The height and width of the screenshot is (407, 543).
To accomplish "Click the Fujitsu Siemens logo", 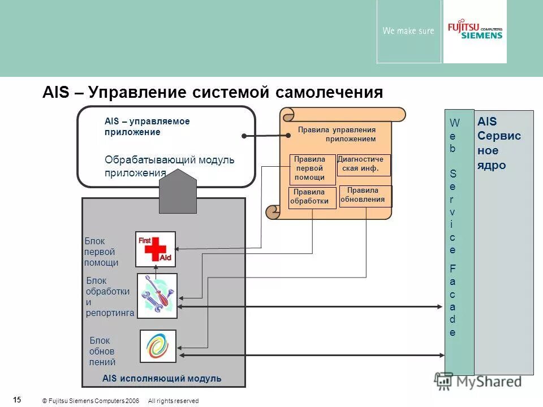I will (475, 31).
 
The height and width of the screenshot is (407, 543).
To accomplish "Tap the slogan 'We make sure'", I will (408, 31).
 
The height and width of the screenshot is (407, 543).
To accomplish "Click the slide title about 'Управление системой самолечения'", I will (213, 92).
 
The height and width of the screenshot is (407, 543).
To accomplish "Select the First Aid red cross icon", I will (155, 249).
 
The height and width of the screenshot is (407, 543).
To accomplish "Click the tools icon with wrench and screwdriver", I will (157, 295).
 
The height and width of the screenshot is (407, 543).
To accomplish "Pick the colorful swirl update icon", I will (158, 346).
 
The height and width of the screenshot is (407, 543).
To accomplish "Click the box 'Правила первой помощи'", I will (309, 168).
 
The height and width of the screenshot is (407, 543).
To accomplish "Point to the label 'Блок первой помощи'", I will (101, 252).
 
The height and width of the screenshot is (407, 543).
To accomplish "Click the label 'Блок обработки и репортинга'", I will (109, 297).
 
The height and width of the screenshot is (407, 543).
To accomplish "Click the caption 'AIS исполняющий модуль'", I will (162, 378).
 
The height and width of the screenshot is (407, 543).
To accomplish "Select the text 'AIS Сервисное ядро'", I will (499, 144).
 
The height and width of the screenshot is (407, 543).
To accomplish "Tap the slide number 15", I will (17, 400).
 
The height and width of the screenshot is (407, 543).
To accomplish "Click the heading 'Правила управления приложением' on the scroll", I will (337, 134).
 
